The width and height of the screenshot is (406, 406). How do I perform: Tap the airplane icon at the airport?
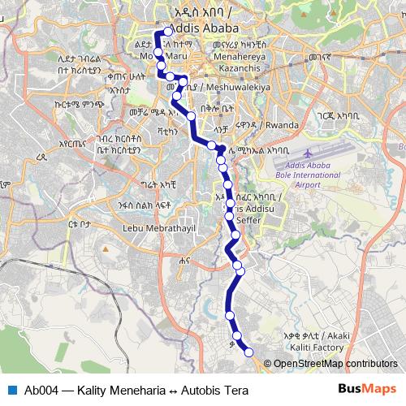tap(309, 153)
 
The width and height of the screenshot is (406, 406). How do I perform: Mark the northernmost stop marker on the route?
tap(168, 32)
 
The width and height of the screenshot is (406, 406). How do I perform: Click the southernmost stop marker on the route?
tap(248, 351)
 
